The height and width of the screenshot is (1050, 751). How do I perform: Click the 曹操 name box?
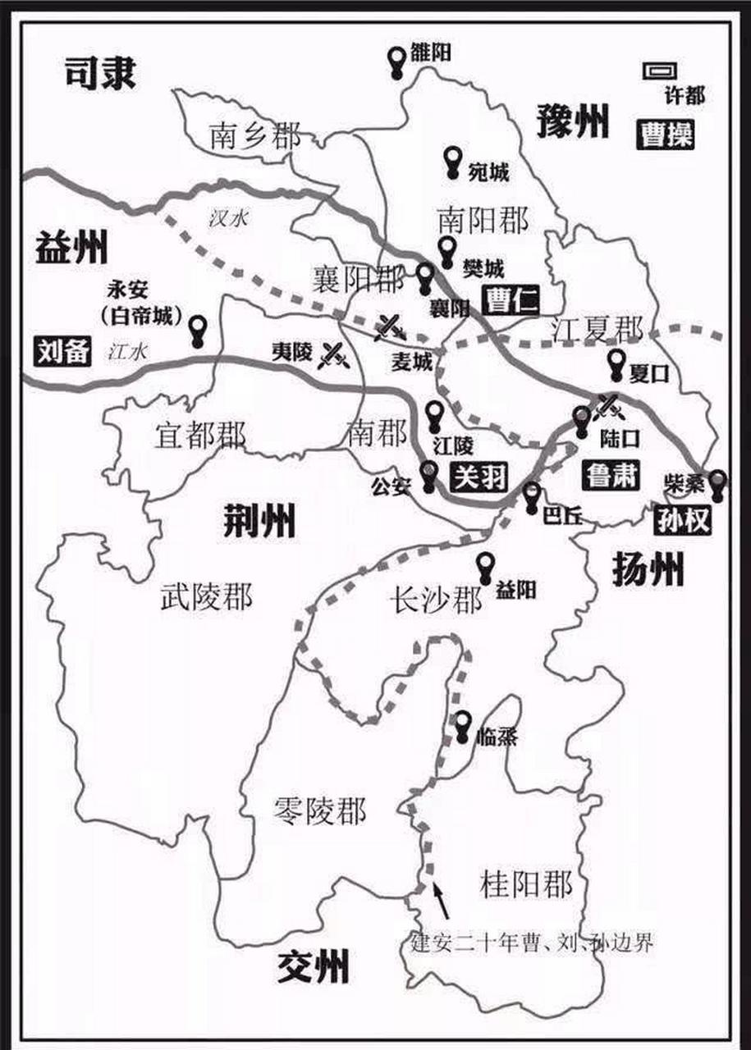667,135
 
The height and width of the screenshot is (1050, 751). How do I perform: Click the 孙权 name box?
682,521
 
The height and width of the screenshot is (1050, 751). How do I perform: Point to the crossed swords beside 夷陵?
332,354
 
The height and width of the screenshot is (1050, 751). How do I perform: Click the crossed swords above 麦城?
387,326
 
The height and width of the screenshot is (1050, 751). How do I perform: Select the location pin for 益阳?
486,567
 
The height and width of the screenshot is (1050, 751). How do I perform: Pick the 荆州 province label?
259,521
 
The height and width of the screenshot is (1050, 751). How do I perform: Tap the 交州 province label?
312,966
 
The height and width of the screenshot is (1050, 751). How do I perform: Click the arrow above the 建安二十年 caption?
441,898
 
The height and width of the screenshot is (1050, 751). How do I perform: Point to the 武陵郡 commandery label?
206,596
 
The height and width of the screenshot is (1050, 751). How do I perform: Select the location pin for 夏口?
617,365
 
